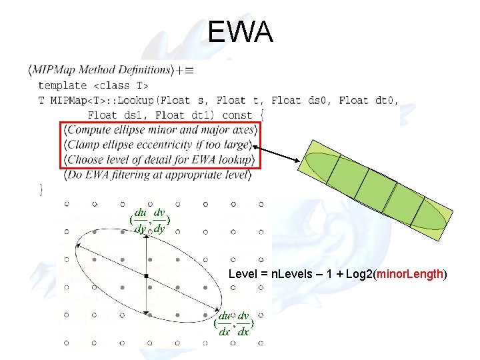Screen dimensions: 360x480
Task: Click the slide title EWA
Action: pos(240,31)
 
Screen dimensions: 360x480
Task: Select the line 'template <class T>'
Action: pos(93,85)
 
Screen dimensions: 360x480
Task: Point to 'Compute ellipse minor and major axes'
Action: pos(160,129)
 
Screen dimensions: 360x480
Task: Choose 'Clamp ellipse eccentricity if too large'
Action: pos(159,145)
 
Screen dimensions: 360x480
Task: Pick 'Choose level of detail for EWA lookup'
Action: pos(160,160)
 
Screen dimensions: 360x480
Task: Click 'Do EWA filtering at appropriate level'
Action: pos(157,175)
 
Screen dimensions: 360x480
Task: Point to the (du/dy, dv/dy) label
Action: pos(150,221)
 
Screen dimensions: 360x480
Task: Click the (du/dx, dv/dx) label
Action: pos(233,323)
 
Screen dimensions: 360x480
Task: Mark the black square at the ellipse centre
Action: pos(146,275)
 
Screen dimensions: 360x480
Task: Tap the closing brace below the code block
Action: pos(41,190)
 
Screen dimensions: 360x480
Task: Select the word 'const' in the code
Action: pos(237,115)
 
